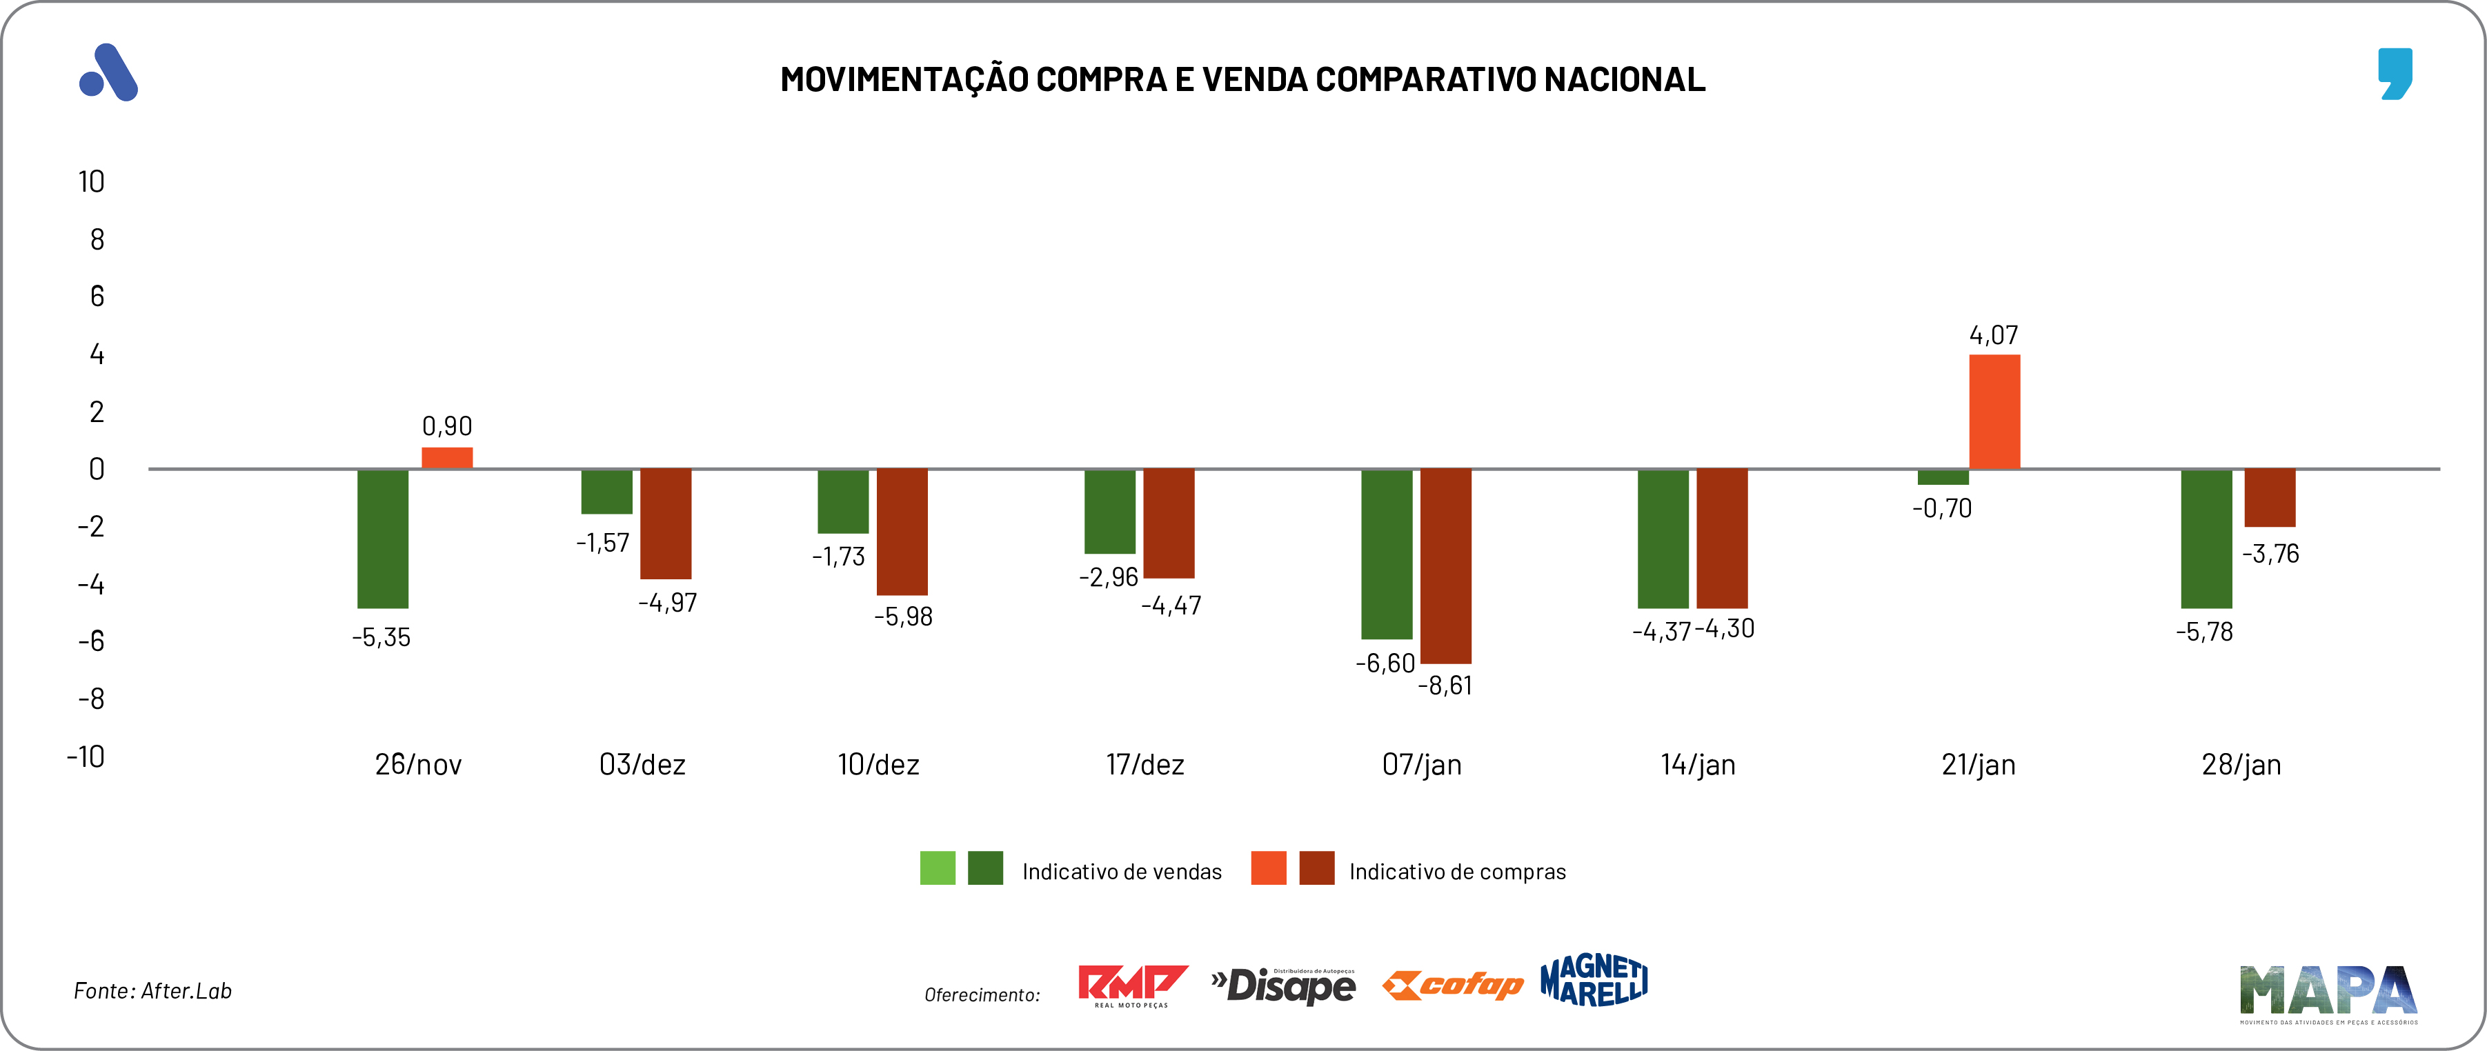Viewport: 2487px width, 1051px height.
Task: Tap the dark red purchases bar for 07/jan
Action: (1445, 566)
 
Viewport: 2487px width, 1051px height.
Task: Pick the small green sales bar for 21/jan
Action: (1943, 477)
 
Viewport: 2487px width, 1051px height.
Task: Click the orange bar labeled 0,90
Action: (447, 457)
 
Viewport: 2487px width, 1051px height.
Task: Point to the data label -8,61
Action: (1445, 686)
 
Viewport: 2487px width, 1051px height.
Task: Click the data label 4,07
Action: (1994, 336)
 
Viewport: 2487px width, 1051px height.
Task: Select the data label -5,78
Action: (2204, 632)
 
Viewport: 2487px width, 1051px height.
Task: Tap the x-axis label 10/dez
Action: (878, 765)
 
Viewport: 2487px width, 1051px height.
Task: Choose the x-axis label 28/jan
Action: (2241, 765)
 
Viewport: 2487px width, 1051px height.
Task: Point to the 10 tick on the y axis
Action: (92, 181)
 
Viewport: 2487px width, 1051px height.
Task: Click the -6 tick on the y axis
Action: (91, 642)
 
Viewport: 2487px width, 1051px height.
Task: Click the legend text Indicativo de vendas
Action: (1122, 872)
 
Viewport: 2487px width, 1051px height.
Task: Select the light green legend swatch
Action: (938, 869)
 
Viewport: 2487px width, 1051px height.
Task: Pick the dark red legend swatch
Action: (1317, 869)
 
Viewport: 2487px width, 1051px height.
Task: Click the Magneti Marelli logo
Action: (1594, 981)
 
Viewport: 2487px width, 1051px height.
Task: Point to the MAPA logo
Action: (2328, 992)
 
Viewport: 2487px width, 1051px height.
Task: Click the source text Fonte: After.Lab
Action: (152, 991)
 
